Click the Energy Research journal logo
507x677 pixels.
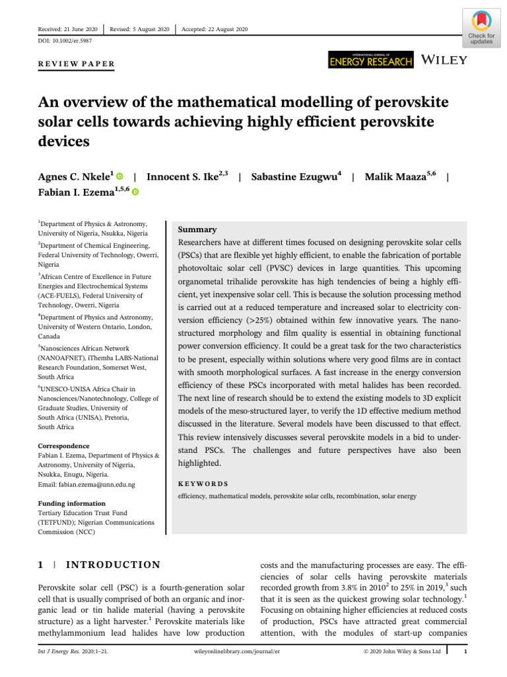tap(370, 60)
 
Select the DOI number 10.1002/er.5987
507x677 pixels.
tap(71, 41)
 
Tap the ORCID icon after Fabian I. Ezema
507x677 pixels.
tap(135, 192)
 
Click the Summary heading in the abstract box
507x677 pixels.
tap(197, 229)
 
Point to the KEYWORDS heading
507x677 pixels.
tap(203, 484)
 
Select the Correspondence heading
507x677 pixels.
tap(63, 446)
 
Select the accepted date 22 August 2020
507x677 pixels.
tap(223, 30)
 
